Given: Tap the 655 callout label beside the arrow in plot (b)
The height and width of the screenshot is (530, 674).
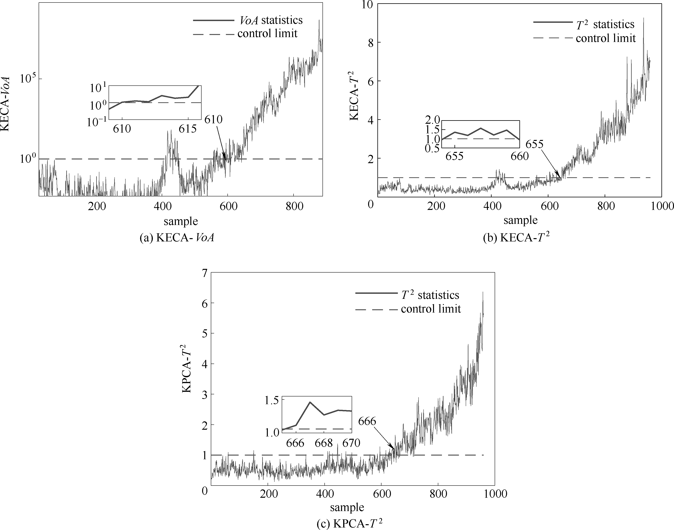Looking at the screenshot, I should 534,144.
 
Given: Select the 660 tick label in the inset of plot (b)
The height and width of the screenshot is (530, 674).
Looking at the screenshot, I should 520,156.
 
